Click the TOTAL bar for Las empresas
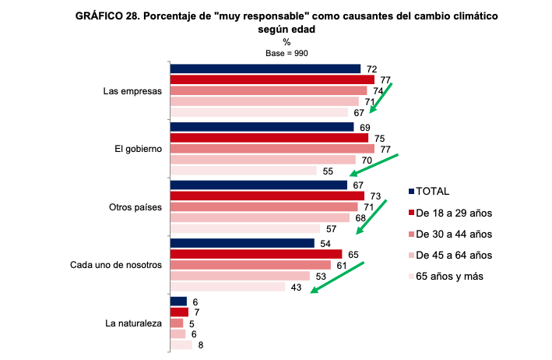point(265,69)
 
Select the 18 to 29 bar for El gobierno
point(269,138)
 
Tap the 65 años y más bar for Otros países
point(244,229)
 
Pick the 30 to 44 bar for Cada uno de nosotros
point(250,265)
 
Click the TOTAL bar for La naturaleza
point(178,301)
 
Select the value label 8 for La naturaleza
point(201,345)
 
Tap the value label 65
point(352,254)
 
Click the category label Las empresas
point(132,90)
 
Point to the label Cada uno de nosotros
point(115,265)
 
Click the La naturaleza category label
point(133,323)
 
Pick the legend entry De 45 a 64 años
point(454,255)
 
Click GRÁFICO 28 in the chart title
point(109,16)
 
